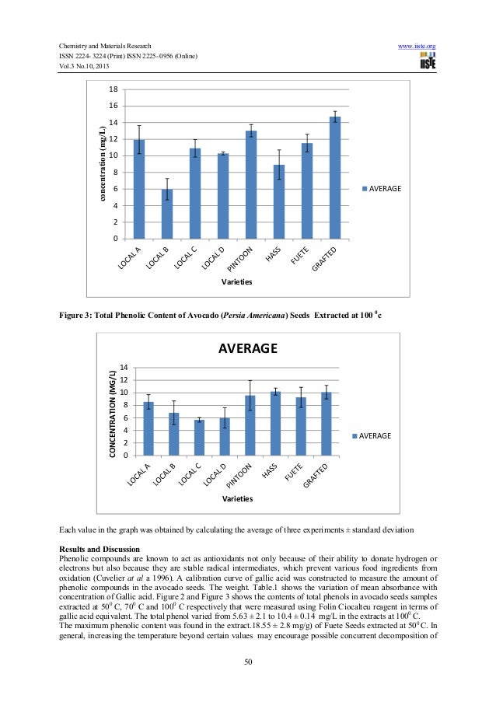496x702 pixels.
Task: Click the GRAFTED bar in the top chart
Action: (335, 178)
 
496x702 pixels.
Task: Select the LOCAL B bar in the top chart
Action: (166, 214)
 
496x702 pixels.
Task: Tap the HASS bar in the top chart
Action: (278, 201)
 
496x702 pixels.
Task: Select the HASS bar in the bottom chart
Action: (275, 424)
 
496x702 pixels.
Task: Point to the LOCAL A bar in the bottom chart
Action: (148, 428)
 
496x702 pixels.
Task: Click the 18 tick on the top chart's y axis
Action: (114, 89)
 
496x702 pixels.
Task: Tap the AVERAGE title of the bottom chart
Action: (247, 348)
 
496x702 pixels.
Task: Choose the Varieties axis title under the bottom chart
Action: (236, 498)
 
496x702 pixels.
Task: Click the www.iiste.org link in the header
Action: (416, 47)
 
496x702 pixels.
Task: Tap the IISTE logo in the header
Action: (428, 63)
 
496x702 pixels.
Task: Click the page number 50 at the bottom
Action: (247, 661)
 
